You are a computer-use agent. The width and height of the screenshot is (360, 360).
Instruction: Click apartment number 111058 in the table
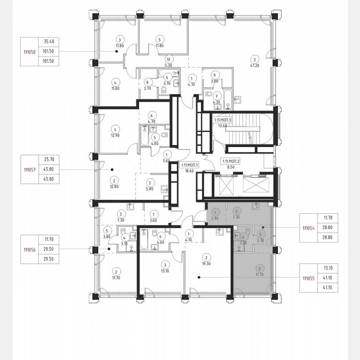pyautogui.click(x=29, y=51)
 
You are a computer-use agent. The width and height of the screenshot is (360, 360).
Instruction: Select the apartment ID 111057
pyautogui.click(x=29, y=170)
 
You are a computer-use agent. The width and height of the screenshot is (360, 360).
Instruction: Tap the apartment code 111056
pyautogui.click(x=29, y=250)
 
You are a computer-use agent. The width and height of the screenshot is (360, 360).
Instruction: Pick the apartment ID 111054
pyautogui.click(x=309, y=227)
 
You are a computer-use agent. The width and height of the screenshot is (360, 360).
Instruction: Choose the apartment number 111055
pyautogui.click(x=309, y=278)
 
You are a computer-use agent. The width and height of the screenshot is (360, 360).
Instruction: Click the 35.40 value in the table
pyautogui.click(x=49, y=41)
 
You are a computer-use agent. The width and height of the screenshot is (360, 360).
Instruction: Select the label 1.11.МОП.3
pyautogui.click(x=222, y=120)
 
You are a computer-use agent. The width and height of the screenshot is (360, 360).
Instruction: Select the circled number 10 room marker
pyautogui.click(x=169, y=59)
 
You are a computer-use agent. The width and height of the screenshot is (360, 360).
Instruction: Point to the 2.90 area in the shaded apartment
pyautogui.click(x=215, y=218)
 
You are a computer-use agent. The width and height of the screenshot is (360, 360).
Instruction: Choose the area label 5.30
pyautogui.click(x=169, y=65)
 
